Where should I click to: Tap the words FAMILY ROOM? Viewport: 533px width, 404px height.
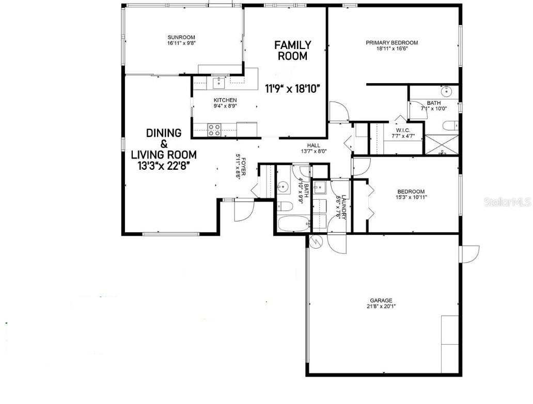[292, 51]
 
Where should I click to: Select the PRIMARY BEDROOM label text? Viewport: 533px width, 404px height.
[391, 43]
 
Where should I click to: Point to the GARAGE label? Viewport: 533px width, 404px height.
[381, 300]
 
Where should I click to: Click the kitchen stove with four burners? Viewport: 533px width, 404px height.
[214, 130]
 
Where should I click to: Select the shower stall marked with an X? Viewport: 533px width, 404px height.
[441, 144]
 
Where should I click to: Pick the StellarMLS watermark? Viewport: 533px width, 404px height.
[507, 202]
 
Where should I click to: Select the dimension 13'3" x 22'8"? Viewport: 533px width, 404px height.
[164, 166]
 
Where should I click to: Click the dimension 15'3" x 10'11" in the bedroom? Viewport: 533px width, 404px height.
[412, 197]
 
